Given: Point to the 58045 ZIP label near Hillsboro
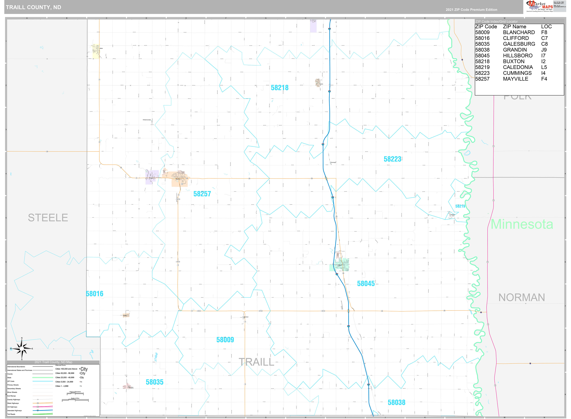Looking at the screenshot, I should click(x=365, y=284).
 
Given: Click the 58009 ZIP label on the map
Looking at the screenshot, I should click(x=225, y=340).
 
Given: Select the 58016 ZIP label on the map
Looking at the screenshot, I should click(x=95, y=294).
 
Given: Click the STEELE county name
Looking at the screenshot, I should click(x=48, y=218).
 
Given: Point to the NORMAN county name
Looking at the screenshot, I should click(x=521, y=297).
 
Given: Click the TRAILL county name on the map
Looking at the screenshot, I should click(x=256, y=362).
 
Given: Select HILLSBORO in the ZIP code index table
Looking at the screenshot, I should click(x=518, y=56).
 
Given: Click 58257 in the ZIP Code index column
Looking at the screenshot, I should click(x=482, y=79).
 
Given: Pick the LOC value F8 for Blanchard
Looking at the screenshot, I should click(x=544, y=32).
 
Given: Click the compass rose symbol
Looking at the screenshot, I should click(x=22, y=349).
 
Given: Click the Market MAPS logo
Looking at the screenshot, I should click(x=539, y=6).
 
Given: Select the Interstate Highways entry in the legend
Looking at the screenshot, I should click(x=15, y=410).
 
